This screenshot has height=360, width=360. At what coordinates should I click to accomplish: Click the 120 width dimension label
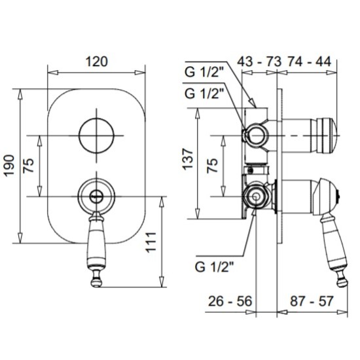96,62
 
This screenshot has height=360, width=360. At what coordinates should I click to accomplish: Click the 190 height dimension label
9,166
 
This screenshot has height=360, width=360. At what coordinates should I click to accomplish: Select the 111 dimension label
151,242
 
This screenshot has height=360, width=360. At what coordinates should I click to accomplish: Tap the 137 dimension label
187,159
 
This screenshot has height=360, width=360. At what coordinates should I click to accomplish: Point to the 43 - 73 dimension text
259,62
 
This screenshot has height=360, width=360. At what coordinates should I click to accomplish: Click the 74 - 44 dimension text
309,62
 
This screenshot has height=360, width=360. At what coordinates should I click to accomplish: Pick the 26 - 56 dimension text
230,301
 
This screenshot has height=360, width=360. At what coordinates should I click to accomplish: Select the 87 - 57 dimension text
312,301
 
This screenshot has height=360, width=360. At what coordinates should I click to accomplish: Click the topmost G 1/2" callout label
204,72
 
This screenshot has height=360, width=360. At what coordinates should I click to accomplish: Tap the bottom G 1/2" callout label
215,267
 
